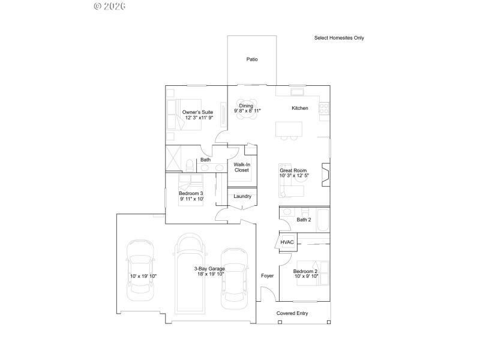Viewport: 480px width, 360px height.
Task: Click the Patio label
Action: pos(252,59)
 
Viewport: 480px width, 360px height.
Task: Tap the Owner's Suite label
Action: pos(197,112)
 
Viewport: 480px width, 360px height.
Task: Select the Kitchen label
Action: pos(300,109)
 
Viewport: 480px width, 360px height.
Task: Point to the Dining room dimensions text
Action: pos(247,111)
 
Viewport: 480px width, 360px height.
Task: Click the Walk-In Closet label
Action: pos(241,167)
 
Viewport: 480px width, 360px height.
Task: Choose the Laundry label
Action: pos(242,196)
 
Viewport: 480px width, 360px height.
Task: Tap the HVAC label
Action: pos(287,242)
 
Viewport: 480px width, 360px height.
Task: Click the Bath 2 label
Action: pos(304,220)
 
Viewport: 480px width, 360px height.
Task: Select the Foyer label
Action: pos(267,276)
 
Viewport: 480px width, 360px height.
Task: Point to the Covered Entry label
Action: pos(292,313)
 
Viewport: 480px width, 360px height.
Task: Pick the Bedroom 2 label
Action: pos(305,271)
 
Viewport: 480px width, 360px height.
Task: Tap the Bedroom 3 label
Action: pos(191,193)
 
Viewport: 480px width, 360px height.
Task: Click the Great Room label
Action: pos(293,170)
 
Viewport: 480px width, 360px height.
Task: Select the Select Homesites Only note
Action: pos(339,38)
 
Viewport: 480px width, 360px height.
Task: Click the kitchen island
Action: pos(289,129)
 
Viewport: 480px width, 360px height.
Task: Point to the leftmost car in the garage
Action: pos(140,273)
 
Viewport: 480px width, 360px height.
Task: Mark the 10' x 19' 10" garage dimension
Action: pos(143,277)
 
